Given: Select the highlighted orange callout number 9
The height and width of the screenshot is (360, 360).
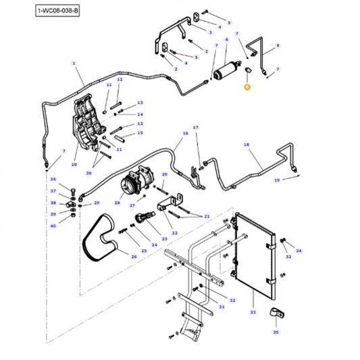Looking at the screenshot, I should [247, 87].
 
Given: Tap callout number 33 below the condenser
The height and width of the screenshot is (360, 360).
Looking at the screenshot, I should [253, 312].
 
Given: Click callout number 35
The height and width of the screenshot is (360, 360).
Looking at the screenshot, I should [275, 332].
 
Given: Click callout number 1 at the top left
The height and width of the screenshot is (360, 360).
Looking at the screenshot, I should [73, 63].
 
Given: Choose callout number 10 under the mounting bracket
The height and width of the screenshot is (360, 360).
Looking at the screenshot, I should [74, 164].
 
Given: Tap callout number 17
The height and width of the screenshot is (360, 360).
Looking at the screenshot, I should [196, 128].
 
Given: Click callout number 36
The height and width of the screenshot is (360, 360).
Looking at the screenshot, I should [53, 179].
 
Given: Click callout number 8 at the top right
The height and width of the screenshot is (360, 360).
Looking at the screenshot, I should [277, 45].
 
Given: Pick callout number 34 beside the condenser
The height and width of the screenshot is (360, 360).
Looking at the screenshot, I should [299, 251].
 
